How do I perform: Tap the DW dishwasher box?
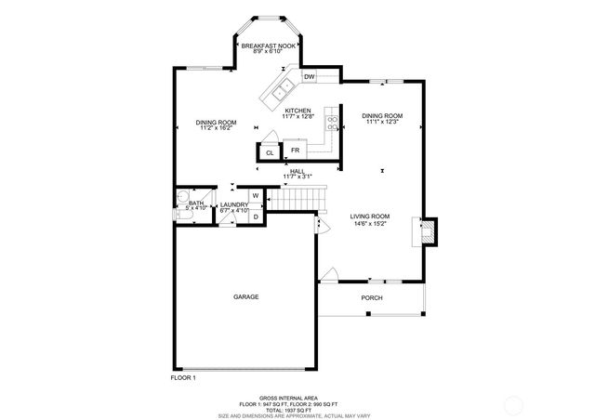point(309,76)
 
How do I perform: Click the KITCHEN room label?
point(297,111)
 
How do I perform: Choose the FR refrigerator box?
point(295,150)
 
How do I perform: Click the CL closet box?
point(270,152)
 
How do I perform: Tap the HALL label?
point(297,171)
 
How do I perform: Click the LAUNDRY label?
point(233,204)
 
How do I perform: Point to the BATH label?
point(196,203)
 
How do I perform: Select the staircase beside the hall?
point(298,199)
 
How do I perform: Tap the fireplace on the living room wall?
point(429,231)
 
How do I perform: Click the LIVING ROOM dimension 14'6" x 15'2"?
point(369,223)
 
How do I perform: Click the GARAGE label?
point(245,296)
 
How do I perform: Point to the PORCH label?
point(372,297)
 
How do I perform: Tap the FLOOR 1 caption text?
point(183,377)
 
